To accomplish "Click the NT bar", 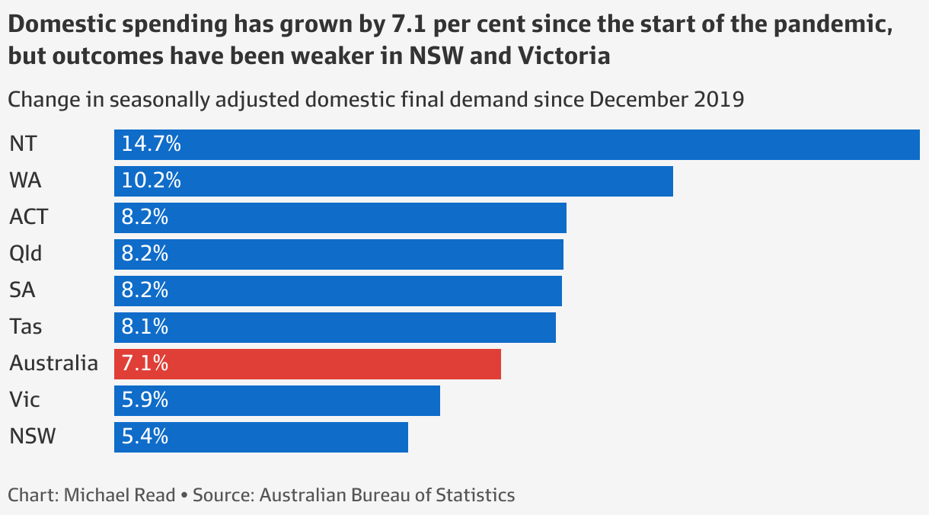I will click(518, 145).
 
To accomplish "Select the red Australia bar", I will click(308, 364).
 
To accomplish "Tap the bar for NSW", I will click(261, 437).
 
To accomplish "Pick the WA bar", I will click(394, 181).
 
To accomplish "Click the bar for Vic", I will click(277, 401).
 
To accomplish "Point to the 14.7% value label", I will click(152, 145).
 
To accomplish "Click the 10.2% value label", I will click(152, 181).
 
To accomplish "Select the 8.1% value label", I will click(145, 328).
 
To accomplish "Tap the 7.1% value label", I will click(145, 364).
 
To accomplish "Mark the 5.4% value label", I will click(145, 437).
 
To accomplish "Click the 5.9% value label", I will click(145, 401).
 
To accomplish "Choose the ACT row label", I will click(29, 218).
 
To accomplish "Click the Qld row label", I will click(26, 254).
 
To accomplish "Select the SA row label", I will click(22, 291).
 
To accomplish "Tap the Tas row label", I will click(26, 328).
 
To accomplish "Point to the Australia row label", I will click(53, 364).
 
